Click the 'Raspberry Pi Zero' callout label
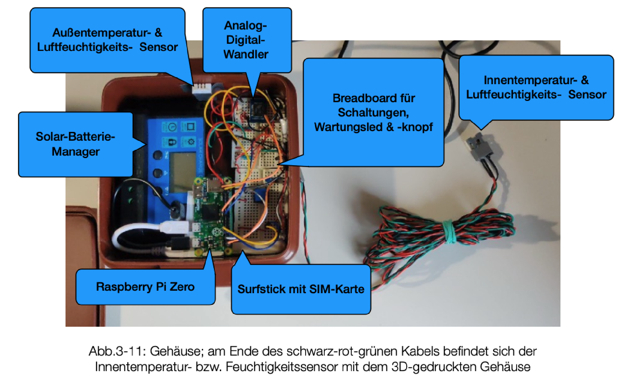tap(145, 287)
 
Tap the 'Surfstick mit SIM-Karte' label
tap(301, 289)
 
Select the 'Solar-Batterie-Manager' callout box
tap(75, 144)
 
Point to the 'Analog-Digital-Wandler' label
tap(246, 40)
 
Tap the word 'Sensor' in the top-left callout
tap(158, 47)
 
